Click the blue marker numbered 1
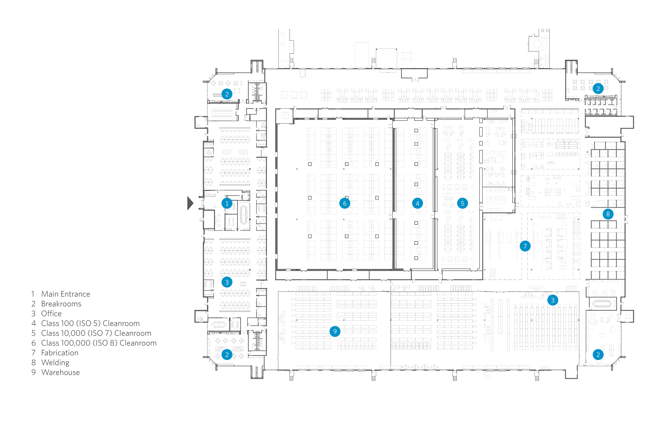pos(227,203)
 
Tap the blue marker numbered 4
pos(417,203)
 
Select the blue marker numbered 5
pos(462,203)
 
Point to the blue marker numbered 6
pos(344,203)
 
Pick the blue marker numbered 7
pos(525,246)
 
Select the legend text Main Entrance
pos(66,294)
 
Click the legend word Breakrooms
pos(61,304)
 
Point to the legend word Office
pos(51,314)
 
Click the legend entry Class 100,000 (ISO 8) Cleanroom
pos(99,343)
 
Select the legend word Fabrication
pos(60,353)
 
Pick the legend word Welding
pos(55,363)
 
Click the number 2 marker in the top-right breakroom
pos(598,89)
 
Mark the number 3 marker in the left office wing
pos(227,282)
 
